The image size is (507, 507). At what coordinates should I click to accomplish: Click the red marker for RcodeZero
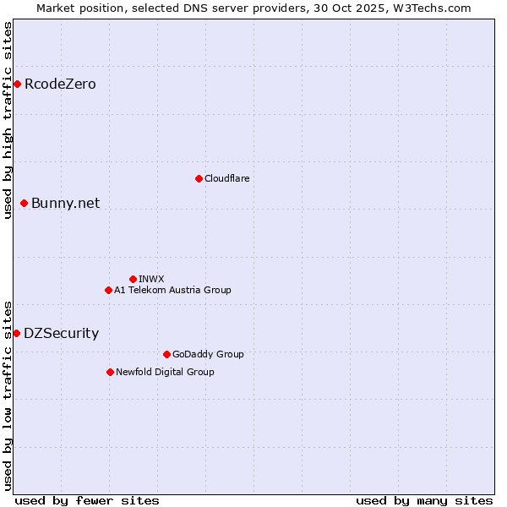[17, 84]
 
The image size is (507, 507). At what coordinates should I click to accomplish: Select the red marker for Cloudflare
[199, 178]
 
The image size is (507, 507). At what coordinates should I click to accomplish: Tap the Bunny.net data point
[25, 203]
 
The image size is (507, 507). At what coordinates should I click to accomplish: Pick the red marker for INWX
[133, 279]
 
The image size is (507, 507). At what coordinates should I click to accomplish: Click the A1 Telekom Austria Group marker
[108, 290]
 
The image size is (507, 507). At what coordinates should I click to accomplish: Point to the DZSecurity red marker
[16, 333]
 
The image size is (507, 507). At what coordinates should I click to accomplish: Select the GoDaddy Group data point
[166, 354]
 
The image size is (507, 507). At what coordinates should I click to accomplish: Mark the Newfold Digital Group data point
[110, 372]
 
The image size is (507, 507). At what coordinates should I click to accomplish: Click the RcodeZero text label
[60, 84]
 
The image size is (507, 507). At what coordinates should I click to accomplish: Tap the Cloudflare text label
[226, 178]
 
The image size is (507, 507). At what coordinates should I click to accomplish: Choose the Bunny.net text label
[65, 203]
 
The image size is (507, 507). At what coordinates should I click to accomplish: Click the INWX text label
[151, 279]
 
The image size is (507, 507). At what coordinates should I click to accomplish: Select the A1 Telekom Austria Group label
[172, 290]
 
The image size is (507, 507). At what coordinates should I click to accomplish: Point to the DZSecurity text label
[61, 333]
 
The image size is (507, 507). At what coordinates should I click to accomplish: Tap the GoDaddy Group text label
[207, 354]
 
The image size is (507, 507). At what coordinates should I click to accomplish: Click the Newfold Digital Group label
[165, 372]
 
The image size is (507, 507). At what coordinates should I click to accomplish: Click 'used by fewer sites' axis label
[87, 500]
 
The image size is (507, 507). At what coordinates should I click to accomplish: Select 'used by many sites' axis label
[424, 500]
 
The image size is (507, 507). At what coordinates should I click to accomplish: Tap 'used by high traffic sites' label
[8, 120]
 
